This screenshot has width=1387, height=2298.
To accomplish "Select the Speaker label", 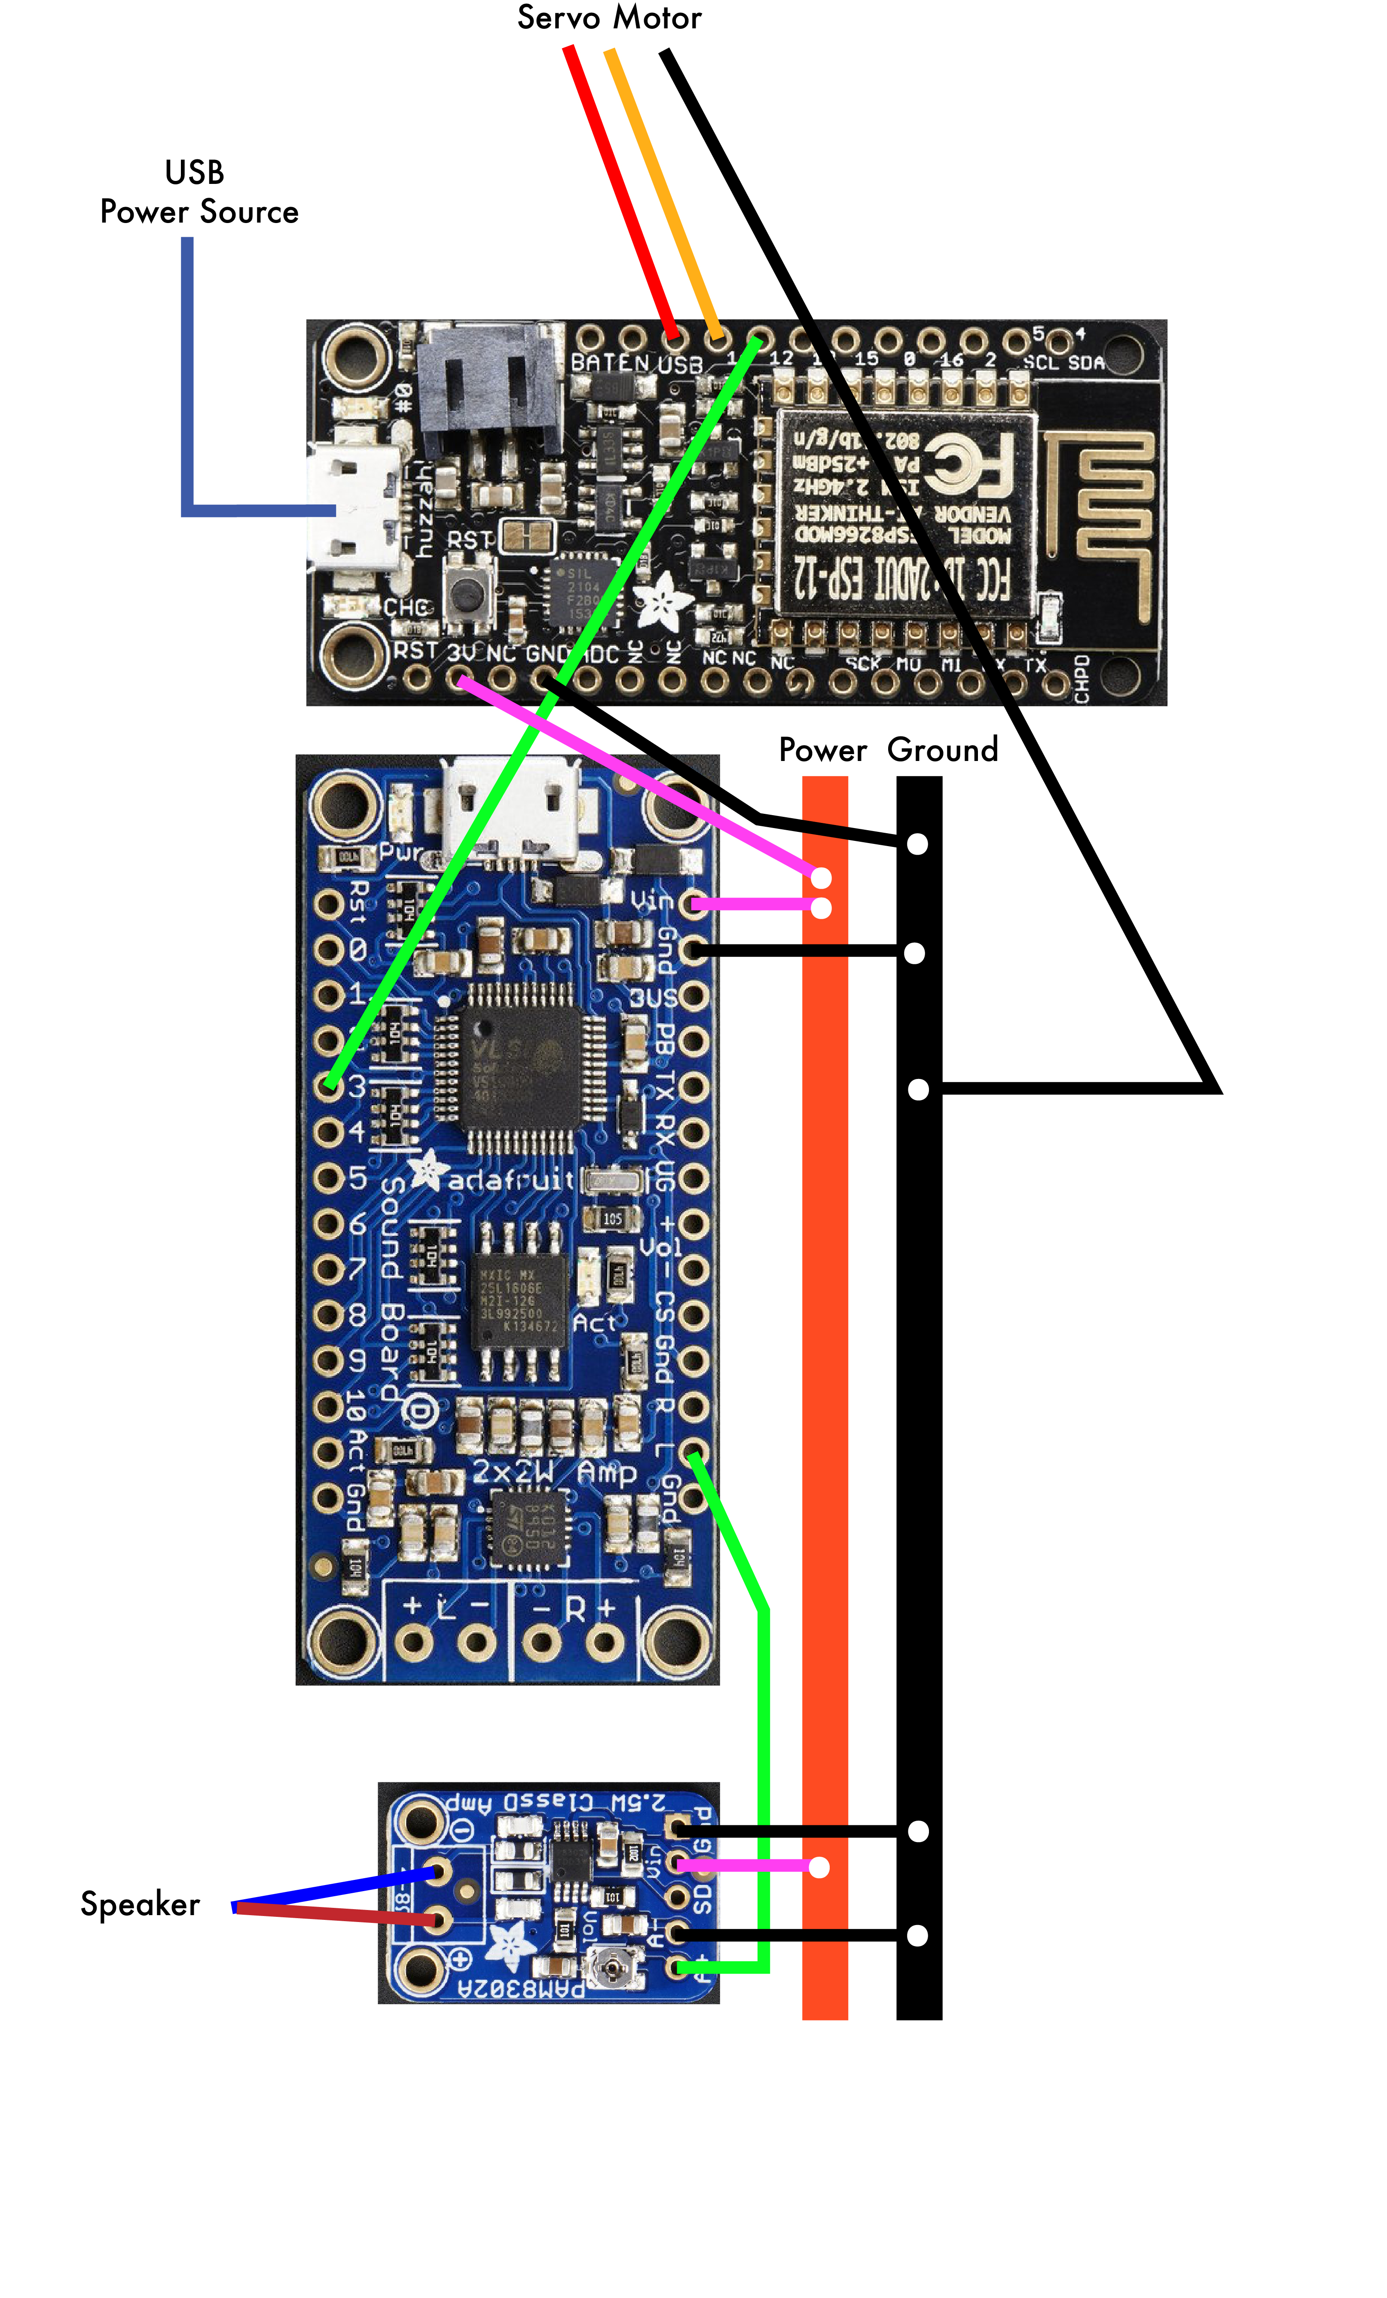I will [x=140, y=1904].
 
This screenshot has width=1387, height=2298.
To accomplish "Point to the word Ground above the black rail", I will [x=942, y=750].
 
